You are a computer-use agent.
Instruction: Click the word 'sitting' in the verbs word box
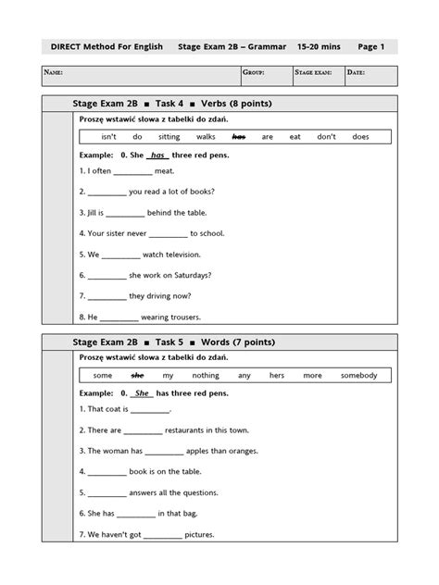coord(169,136)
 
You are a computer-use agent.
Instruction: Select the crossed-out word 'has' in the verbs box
coord(238,136)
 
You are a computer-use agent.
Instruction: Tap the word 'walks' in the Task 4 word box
coord(206,136)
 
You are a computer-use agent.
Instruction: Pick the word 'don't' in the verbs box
coord(326,136)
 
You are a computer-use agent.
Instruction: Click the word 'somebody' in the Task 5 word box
coord(358,375)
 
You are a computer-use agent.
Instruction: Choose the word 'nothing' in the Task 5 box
coord(206,375)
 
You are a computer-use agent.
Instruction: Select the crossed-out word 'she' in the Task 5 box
coord(138,375)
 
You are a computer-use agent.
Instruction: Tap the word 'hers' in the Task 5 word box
coord(277,375)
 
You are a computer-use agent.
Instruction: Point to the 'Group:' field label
coord(254,71)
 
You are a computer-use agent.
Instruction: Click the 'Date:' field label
coord(357,71)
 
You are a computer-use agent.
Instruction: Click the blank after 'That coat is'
coord(151,410)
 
